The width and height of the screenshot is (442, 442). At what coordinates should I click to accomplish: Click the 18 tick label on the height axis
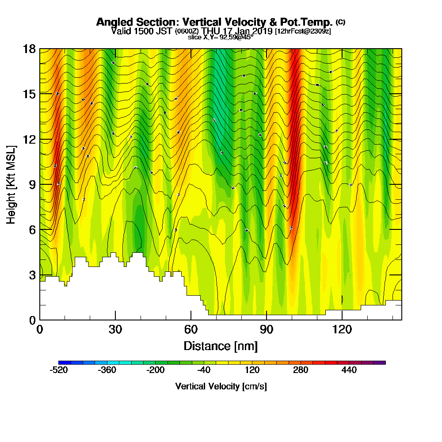point(29,49)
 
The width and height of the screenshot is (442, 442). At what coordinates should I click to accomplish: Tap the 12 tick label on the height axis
point(29,139)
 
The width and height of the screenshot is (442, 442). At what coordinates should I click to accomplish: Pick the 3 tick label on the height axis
point(32,275)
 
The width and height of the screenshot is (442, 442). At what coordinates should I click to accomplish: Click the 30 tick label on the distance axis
point(115,329)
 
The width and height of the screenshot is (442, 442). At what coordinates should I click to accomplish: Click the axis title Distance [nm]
point(221,345)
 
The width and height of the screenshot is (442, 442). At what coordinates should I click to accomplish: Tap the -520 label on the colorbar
point(59,370)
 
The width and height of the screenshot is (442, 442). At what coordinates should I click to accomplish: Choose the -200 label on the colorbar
point(156,370)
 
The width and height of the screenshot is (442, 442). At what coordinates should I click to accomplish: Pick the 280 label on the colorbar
point(301,370)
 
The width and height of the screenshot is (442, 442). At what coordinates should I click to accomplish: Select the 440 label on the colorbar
point(349,370)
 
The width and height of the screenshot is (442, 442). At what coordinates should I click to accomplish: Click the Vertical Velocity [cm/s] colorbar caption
point(221,386)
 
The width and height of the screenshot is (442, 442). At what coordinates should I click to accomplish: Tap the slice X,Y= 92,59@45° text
point(221,37)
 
